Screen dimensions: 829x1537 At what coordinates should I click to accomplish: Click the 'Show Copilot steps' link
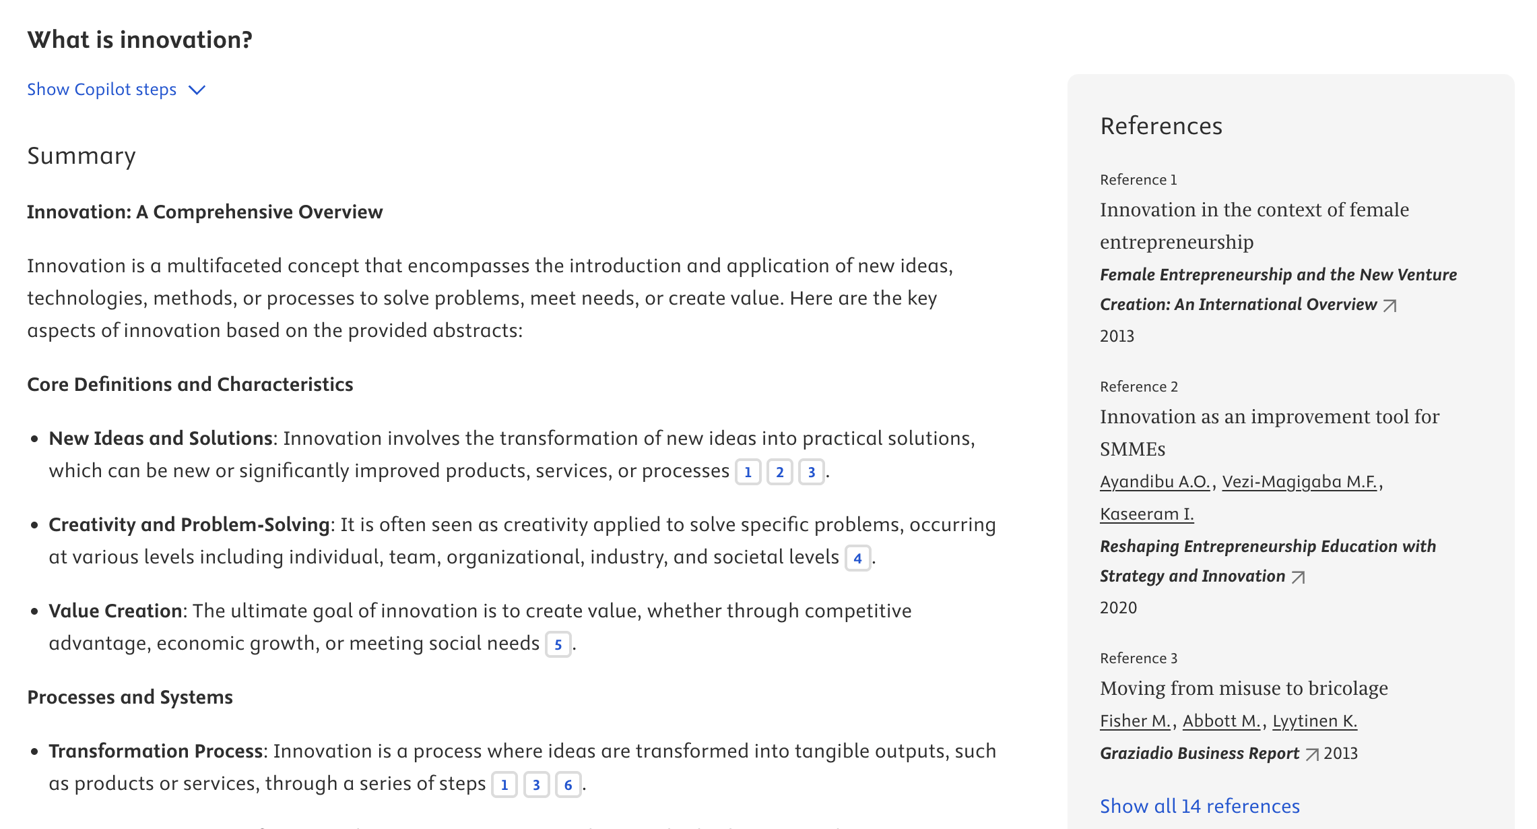click(x=102, y=90)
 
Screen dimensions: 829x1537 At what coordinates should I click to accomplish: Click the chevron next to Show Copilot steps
click(x=197, y=90)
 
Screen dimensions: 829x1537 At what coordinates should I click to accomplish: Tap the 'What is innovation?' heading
click(x=140, y=40)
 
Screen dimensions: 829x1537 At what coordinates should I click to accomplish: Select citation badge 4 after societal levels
click(x=857, y=558)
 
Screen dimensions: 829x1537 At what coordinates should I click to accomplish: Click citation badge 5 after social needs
click(x=558, y=644)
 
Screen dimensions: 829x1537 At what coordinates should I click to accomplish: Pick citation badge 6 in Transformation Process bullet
click(x=568, y=785)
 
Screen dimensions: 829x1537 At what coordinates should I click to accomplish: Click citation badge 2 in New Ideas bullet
click(x=779, y=472)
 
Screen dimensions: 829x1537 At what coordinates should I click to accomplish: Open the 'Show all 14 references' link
click(x=1200, y=806)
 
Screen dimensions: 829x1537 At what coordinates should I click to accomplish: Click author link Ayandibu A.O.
click(x=1154, y=482)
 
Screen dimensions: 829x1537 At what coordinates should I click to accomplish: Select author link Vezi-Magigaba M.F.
click(x=1299, y=482)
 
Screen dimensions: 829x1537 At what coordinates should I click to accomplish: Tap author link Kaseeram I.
click(x=1146, y=514)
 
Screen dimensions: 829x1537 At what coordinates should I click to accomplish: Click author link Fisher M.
click(x=1135, y=721)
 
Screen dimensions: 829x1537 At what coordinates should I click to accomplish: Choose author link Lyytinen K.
click(x=1314, y=721)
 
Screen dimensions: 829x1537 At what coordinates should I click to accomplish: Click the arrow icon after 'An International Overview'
click(x=1389, y=305)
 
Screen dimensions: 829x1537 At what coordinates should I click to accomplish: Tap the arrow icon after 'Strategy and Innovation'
click(x=1298, y=577)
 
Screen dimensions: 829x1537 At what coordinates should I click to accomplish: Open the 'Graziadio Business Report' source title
click(x=1199, y=754)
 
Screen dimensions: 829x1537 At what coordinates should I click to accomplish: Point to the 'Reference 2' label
click(x=1138, y=387)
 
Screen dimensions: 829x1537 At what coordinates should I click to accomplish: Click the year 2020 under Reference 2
click(x=1118, y=608)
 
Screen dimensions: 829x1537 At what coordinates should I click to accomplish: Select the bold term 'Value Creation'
click(x=115, y=611)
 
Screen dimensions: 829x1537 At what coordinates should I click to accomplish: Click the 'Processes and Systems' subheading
click(x=130, y=698)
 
